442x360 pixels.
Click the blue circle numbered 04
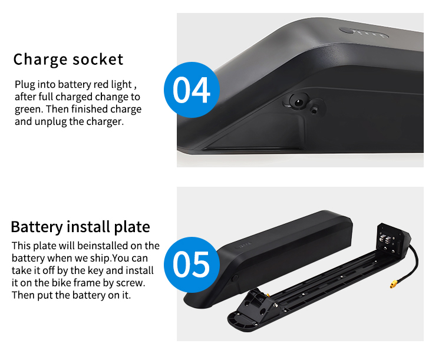pyautogui.click(x=192, y=90)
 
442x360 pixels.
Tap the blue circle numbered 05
pyautogui.click(x=192, y=265)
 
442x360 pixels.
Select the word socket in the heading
pyautogui.click(x=98, y=60)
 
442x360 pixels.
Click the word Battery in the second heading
pyautogui.click(x=37, y=227)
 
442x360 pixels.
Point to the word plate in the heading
pyautogui.click(x=132, y=227)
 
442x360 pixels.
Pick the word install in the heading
pyautogui.click(x=88, y=226)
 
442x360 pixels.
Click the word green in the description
pyautogui.click(x=28, y=110)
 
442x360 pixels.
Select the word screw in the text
pyautogui.click(x=130, y=283)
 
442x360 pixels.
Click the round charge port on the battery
pyautogui.click(x=298, y=101)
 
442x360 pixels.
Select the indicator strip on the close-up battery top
pyautogui.click(x=364, y=33)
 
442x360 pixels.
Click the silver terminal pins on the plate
pyautogui.click(x=385, y=239)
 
